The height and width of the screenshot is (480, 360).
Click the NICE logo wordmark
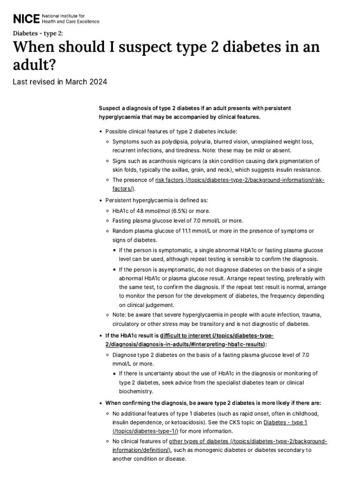click(26, 19)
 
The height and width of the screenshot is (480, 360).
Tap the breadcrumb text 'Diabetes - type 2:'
click(37, 33)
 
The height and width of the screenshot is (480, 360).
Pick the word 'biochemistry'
click(135, 391)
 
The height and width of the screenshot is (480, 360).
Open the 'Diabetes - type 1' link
click(285, 422)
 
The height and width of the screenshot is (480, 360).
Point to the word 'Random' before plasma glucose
click(122, 231)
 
